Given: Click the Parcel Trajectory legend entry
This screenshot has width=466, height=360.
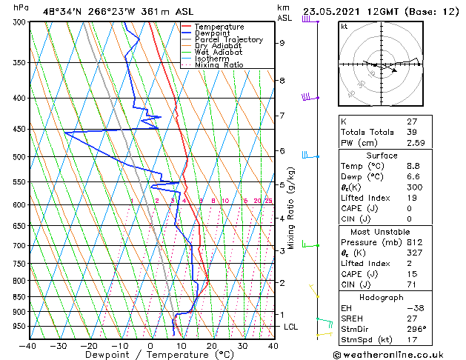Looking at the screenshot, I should tap(228, 39).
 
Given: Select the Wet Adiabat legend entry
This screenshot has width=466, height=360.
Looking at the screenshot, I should tap(220, 52).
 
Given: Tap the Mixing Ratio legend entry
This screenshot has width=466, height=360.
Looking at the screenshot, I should tap(219, 65).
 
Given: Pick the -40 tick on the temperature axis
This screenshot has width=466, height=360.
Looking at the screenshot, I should tap(28, 345).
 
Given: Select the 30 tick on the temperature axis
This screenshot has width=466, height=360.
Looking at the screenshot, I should tap(242, 345).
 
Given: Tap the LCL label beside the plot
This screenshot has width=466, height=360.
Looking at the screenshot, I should tap(291, 327).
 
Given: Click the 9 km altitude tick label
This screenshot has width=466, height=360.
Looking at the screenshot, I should tap(282, 43).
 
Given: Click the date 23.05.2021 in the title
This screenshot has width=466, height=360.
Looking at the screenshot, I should tap(333, 10).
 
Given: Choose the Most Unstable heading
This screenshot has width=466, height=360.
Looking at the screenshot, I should tap(382, 232).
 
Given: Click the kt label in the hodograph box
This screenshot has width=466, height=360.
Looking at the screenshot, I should tap(344, 26).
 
